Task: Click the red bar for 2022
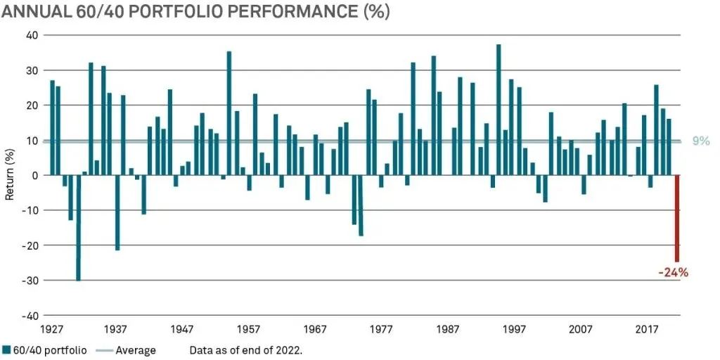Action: coord(677,218)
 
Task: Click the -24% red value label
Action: coord(673,273)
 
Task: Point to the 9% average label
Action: coord(702,141)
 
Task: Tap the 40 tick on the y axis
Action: coord(32,35)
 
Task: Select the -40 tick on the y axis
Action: coord(29,315)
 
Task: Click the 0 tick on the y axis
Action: coord(35,175)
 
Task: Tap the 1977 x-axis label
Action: coord(381,329)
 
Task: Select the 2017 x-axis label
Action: coord(647,329)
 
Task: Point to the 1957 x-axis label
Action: coord(249,329)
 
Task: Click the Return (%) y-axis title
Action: coord(11,175)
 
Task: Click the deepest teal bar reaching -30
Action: coord(78,228)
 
